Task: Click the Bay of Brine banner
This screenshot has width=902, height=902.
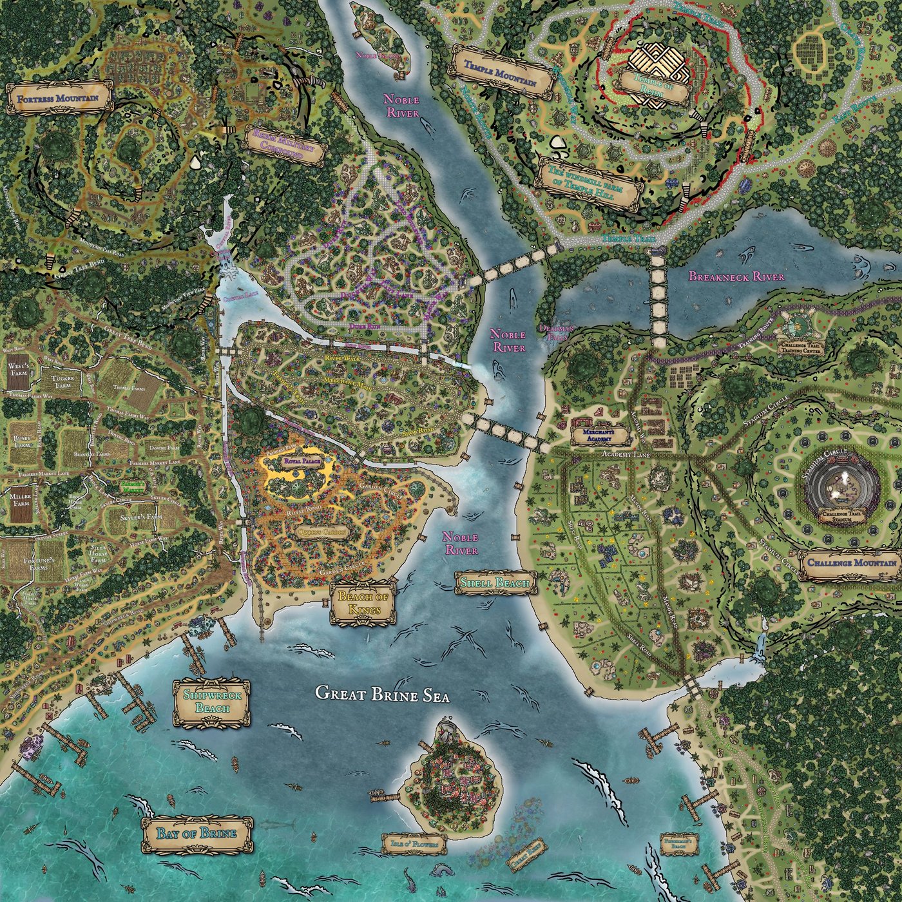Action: (x=197, y=833)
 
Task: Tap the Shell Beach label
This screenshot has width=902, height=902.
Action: (x=495, y=583)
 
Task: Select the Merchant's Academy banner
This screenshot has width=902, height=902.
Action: (x=599, y=434)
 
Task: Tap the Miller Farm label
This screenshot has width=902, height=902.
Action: (x=21, y=501)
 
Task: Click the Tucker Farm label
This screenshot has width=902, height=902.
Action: (x=62, y=381)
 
